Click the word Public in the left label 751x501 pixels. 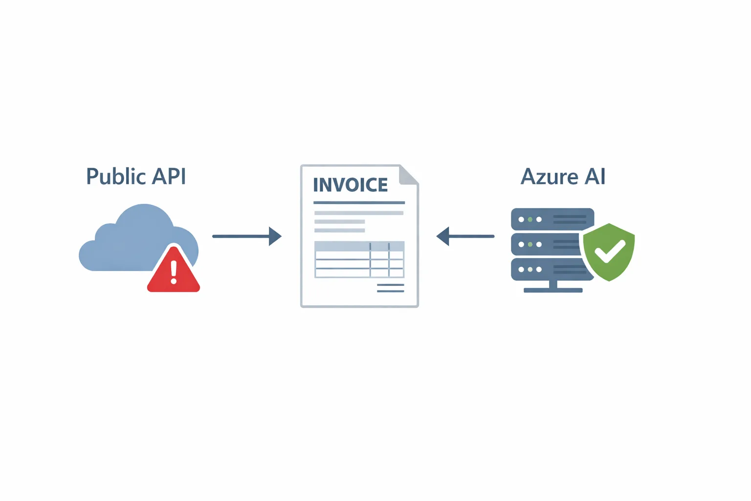[116, 177]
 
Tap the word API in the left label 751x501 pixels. [169, 177]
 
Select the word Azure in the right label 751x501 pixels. [549, 177]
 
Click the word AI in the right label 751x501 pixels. [595, 177]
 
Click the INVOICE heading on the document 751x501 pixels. [350, 185]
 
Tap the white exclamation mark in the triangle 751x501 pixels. [174, 272]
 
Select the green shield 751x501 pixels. [609, 252]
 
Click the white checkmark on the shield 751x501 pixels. [609, 251]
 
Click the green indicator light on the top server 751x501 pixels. [530, 220]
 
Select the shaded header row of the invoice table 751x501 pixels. [359, 246]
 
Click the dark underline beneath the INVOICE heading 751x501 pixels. [359, 203]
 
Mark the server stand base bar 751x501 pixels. [553, 290]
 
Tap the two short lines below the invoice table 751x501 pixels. [390, 288]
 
